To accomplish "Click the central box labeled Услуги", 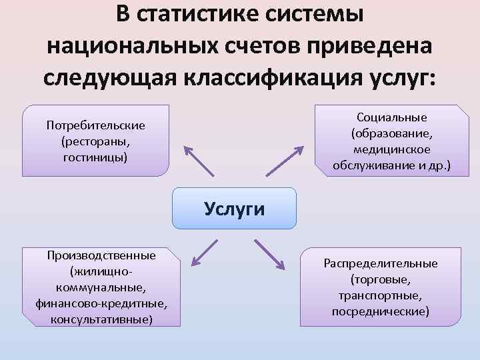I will pyautogui.click(x=234, y=209).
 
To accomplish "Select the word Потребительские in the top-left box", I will pyautogui.click(x=96, y=125).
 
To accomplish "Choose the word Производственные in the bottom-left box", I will pyautogui.click(x=101, y=255).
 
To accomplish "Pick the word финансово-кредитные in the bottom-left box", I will pyautogui.click(x=101, y=303).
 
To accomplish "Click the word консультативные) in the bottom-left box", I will pyautogui.click(x=101, y=319).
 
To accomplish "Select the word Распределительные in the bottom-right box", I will pyautogui.click(x=381, y=263).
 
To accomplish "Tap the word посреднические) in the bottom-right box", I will pyautogui.click(x=381, y=311).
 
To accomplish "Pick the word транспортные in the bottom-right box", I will pyautogui.click(x=381, y=295).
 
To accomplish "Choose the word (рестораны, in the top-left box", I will pyautogui.click(x=96, y=141).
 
